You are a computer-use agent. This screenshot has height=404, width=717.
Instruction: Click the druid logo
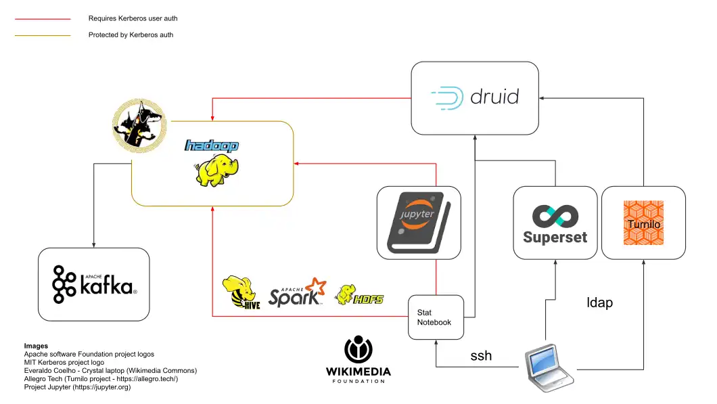[475, 97]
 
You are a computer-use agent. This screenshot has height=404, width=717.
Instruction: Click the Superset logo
[555, 224]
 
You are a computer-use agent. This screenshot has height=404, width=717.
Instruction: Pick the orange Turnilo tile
[643, 223]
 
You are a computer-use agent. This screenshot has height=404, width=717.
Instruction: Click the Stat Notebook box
[436, 317]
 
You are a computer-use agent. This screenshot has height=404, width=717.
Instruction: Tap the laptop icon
[549, 367]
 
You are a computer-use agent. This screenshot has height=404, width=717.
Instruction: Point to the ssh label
[481, 355]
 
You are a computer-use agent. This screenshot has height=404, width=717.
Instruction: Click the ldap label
[599, 302]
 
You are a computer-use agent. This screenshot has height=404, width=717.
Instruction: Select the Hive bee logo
[241, 293]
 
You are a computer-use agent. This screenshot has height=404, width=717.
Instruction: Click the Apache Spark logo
[297, 292]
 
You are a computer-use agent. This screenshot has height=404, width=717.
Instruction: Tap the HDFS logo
[359, 294]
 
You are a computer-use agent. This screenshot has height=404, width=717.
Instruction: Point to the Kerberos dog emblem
[139, 125]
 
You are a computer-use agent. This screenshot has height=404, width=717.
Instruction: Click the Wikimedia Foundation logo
[358, 359]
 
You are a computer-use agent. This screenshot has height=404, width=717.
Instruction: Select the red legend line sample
[43, 19]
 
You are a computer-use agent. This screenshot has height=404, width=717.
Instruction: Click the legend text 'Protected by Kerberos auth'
[131, 35]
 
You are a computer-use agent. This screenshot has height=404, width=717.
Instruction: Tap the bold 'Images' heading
[36, 346]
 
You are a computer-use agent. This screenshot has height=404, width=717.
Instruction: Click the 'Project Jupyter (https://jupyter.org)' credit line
[77, 387]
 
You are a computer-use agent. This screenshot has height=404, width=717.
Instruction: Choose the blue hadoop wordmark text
[212, 145]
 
